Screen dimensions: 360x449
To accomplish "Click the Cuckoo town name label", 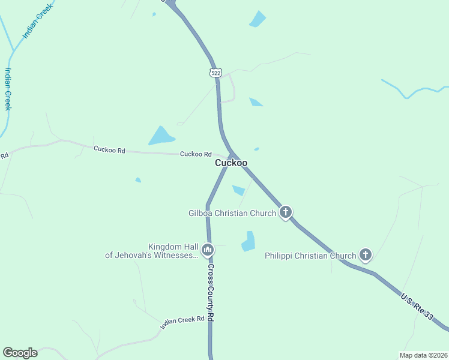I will tap(231, 163).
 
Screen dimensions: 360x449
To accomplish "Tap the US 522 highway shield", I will tap(215, 73).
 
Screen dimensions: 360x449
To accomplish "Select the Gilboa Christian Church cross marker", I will tap(286, 212).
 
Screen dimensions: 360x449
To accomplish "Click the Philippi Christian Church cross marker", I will tap(365, 254).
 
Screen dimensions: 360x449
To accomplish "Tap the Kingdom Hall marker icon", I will tap(208, 250).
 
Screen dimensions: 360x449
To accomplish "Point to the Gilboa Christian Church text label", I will tap(232, 212).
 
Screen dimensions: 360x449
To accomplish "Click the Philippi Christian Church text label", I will tap(310, 256).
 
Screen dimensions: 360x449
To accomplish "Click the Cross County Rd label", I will tap(211, 293).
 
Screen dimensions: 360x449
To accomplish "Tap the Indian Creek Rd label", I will tap(182, 322).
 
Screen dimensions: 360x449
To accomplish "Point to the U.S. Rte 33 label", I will tap(416, 306).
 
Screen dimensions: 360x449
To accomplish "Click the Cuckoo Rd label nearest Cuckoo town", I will tap(196, 154).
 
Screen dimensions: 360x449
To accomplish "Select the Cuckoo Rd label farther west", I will tap(109, 149).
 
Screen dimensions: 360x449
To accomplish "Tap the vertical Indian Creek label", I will tap(8, 88).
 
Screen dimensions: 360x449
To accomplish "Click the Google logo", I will tap(20, 352).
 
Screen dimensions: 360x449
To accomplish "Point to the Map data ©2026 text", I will tap(423, 355).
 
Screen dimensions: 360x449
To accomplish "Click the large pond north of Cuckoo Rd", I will tap(161, 137).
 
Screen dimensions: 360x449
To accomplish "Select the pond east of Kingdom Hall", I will tap(249, 241).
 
